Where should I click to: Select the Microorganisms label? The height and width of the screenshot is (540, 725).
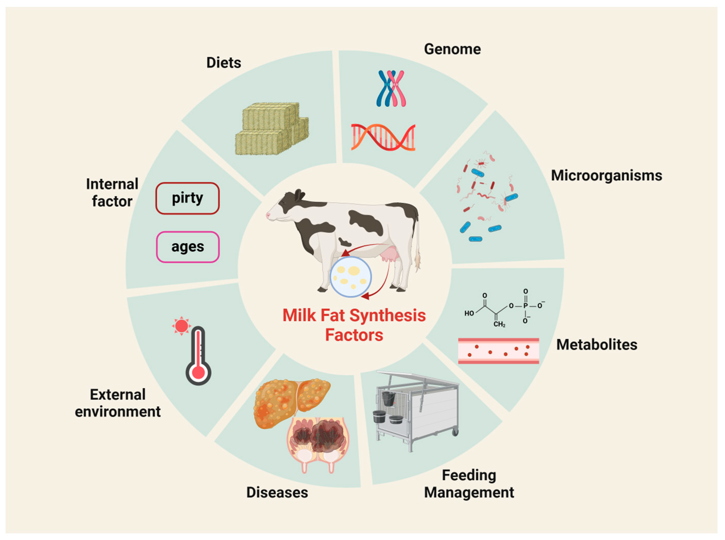606,176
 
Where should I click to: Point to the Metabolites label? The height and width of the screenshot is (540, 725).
597,345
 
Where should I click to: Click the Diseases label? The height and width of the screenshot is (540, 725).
277,493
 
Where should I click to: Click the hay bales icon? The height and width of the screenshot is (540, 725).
271,129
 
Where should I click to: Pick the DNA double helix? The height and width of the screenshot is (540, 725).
383,137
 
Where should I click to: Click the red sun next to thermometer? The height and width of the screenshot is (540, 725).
181,326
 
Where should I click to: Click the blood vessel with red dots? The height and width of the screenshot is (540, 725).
498,351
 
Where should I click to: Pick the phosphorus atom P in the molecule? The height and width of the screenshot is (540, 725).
525,306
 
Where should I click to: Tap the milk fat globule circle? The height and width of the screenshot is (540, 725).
351,277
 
